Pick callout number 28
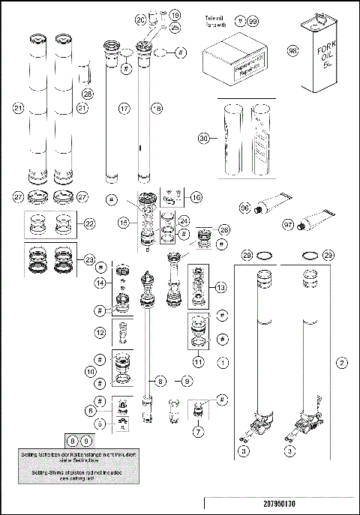tap(88, 94)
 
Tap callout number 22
tap(89, 223)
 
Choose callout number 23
tap(89, 259)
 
